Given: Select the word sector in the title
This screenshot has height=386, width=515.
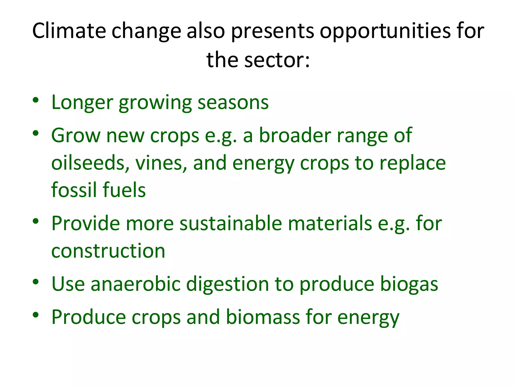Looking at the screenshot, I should (274, 60).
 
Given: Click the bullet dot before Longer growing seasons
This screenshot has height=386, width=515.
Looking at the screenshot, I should (36, 100).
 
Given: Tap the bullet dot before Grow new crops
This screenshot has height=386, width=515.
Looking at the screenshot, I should (36, 133).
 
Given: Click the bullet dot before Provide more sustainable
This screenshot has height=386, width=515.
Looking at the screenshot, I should (36, 221).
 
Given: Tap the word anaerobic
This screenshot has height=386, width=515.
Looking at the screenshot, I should (136, 284).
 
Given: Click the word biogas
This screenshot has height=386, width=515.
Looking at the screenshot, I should (409, 284).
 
